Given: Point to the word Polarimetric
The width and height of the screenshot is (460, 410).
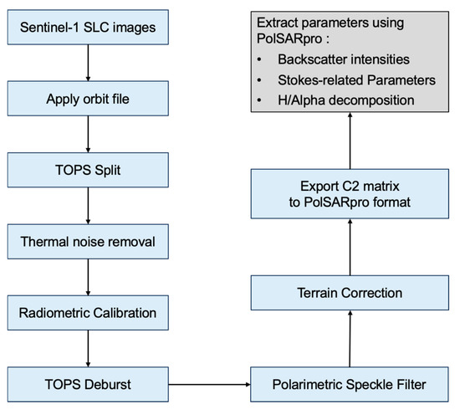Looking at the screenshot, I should [305, 384].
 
